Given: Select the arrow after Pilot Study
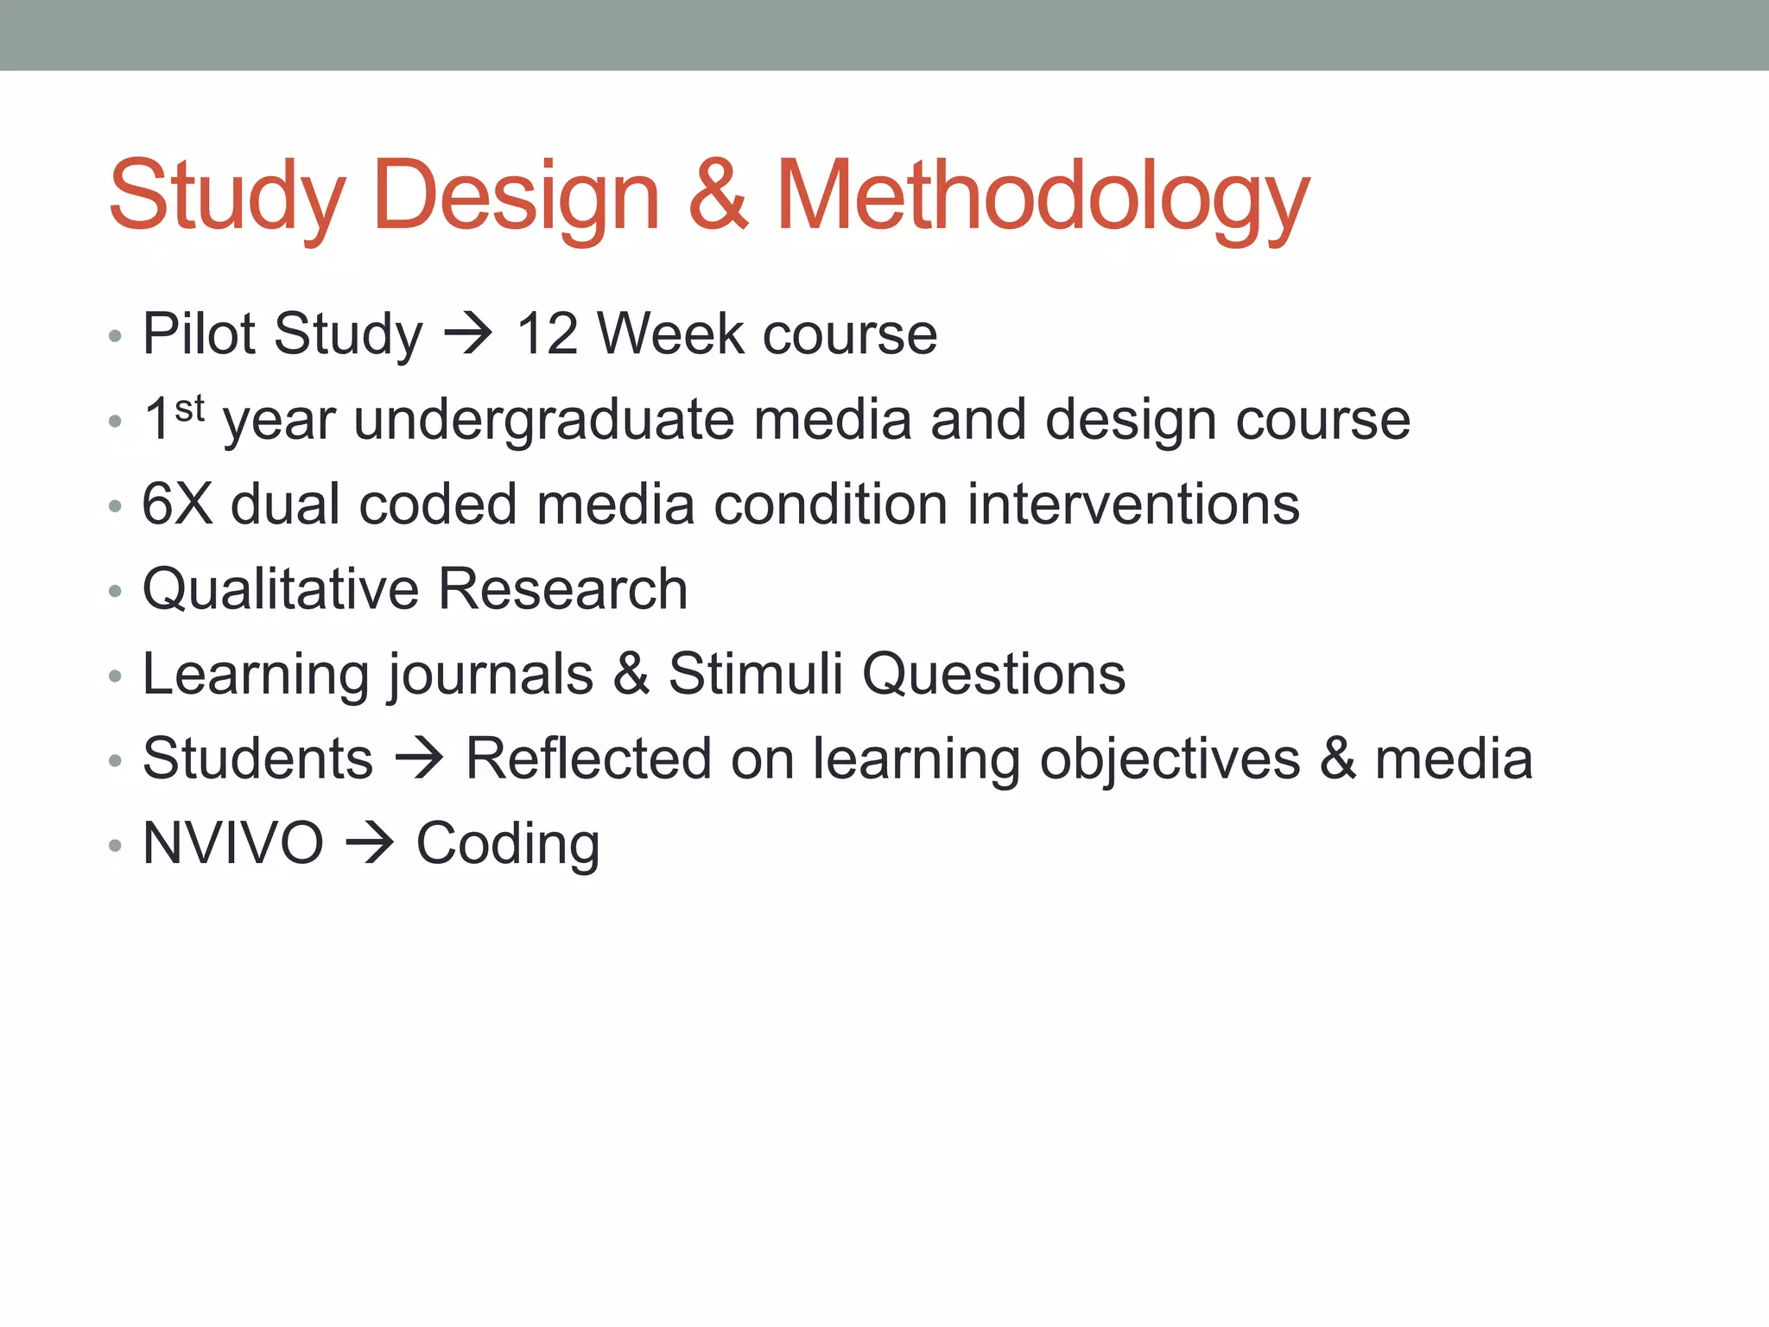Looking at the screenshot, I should (x=468, y=334).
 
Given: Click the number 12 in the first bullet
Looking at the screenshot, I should (x=547, y=333).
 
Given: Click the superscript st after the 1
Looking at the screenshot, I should (x=189, y=408).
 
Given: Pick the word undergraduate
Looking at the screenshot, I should (x=545, y=421).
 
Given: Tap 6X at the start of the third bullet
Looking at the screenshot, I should (x=177, y=504).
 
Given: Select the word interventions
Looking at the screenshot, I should (x=1133, y=504).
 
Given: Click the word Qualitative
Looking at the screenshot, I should (x=280, y=589).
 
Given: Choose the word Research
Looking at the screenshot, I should (x=563, y=589).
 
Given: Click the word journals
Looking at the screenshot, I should (x=491, y=676).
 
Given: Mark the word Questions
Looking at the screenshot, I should (x=994, y=674).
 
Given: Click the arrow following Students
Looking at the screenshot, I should (x=420, y=759).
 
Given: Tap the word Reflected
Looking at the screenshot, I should (x=588, y=759).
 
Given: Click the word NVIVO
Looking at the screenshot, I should (x=233, y=843).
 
